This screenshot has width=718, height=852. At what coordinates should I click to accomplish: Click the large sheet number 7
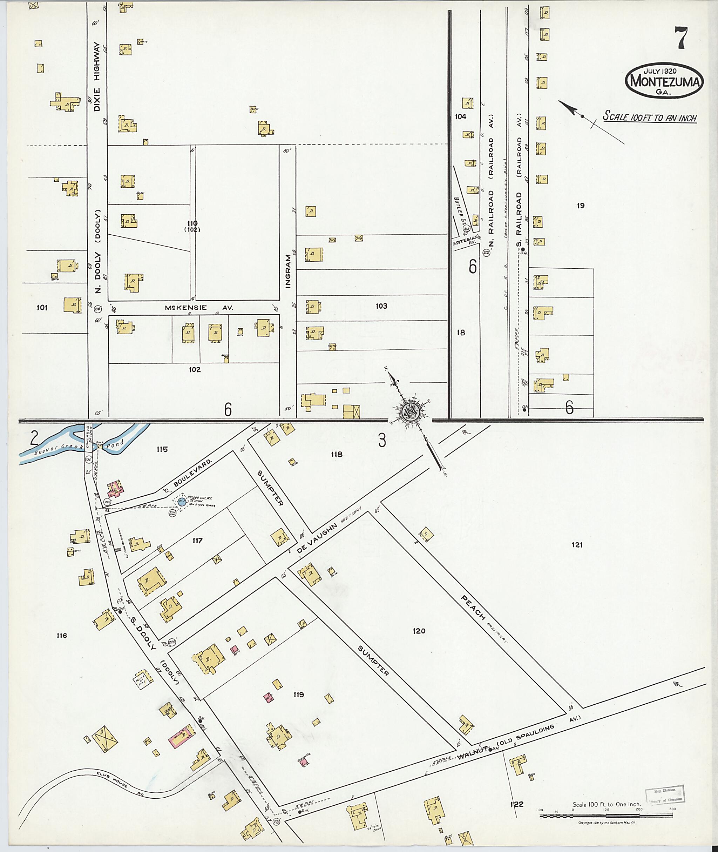point(681,38)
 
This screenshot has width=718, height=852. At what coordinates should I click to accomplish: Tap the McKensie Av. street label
point(199,308)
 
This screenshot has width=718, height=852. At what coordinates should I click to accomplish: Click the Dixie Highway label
point(97,76)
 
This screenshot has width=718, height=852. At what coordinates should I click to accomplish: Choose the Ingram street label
point(288,271)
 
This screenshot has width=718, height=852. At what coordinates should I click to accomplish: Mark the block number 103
point(381,306)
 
